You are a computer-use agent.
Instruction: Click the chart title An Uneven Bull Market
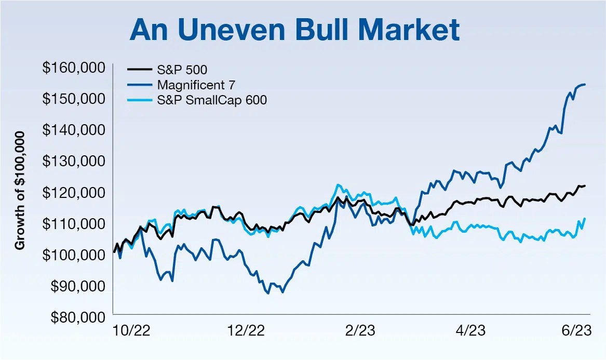point(294,30)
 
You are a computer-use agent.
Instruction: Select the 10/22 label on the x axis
point(131,331)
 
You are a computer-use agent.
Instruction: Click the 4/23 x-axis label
point(469,331)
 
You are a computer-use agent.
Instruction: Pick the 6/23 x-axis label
point(577,331)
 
